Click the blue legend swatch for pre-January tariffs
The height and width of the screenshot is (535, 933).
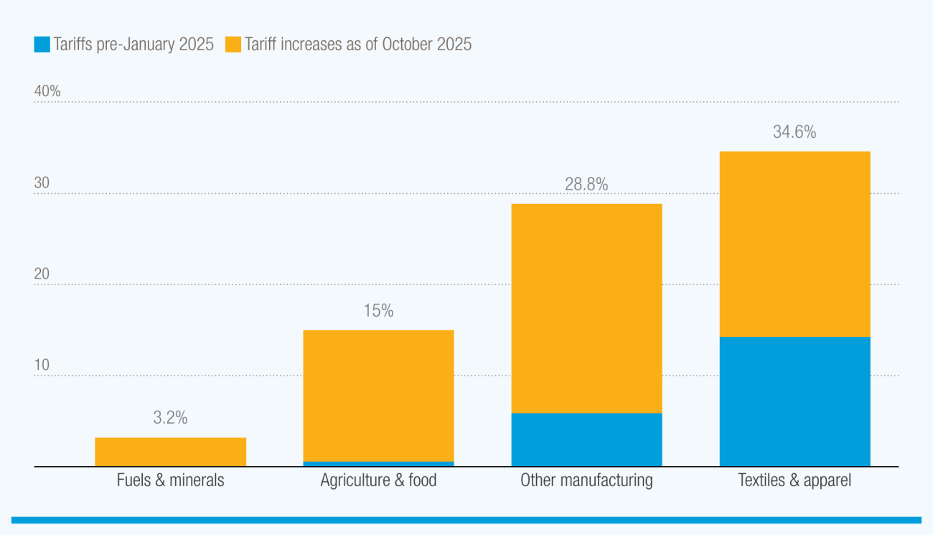pos(42,45)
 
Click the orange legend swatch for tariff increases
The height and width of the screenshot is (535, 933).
pos(233,45)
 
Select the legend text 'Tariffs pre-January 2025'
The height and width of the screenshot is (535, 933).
pos(133,45)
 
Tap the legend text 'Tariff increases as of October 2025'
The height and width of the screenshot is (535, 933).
pos(358,45)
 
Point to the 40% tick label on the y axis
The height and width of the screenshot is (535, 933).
pos(47,92)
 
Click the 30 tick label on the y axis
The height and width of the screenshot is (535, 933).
pos(42,183)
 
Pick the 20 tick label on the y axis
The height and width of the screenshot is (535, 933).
pos(42,274)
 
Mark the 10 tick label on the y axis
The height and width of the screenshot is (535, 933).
pos(42,366)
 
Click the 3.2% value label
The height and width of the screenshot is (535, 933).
pos(170,418)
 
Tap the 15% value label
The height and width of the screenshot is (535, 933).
pos(378,311)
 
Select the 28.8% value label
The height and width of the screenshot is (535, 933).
pos(586,185)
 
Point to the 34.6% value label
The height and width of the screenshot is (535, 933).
pos(794,132)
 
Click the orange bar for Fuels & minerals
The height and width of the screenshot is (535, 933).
pos(170,452)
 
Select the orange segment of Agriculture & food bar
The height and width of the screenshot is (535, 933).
pos(378,395)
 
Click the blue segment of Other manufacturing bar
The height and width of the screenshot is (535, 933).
pos(586,439)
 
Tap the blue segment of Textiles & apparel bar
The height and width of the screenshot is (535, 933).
pos(794,401)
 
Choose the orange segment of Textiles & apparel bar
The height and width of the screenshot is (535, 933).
pos(794,243)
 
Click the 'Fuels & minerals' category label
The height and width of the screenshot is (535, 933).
pos(170,480)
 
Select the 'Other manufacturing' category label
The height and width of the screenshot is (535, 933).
pos(586,480)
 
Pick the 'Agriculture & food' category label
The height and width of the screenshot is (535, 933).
pos(378,480)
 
